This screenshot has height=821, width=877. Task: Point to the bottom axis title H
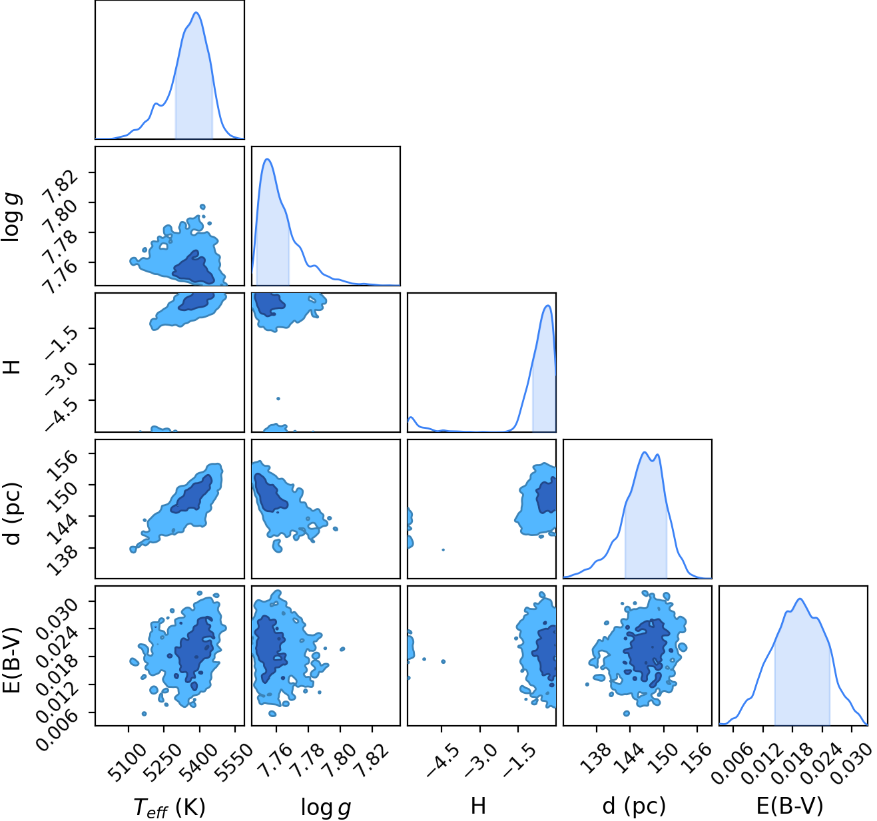[x=478, y=806]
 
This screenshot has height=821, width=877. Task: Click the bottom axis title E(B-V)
[x=790, y=806]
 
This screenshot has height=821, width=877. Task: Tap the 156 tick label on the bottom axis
[x=698, y=757]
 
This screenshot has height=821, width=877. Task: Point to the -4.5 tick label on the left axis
[x=61, y=414]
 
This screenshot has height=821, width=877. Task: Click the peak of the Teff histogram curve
[x=196, y=13]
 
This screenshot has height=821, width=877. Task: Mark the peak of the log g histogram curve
[x=267, y=159]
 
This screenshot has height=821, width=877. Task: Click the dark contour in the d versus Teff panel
[x=192, y=495]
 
